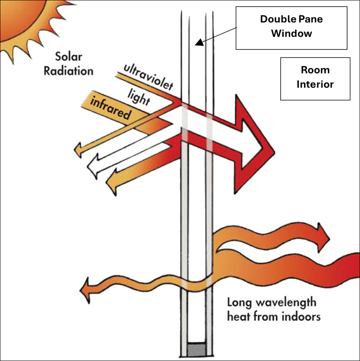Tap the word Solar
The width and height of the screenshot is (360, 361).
[x=68, y=56]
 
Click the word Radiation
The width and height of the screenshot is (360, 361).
[x=68, y=71]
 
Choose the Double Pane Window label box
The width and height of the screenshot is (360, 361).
[x=291, y=27]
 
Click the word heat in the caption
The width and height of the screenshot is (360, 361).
[x=239, y=316]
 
